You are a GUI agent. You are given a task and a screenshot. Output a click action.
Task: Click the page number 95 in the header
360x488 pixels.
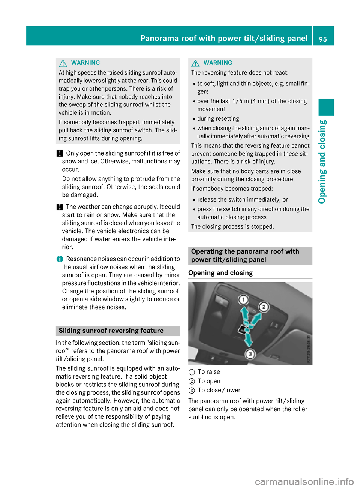coord(323,39)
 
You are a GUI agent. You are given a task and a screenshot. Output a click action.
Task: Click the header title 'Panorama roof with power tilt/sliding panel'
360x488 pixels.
coord(224,38)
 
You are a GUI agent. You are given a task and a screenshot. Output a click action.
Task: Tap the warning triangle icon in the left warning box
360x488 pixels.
coord(63,63)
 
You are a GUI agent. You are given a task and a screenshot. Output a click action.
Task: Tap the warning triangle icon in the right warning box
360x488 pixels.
coord(195,63)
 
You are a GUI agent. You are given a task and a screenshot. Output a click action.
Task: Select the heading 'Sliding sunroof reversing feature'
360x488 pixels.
coord(111,331)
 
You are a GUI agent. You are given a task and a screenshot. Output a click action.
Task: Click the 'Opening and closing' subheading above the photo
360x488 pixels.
coord(220,273)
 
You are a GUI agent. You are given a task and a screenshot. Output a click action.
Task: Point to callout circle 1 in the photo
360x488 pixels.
coord(244,300)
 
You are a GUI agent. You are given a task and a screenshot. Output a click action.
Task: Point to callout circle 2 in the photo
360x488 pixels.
coord(264,307)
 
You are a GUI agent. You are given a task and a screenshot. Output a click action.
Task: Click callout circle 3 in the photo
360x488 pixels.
coord(250,353)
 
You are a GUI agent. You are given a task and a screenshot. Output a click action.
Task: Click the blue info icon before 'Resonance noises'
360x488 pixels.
coord(59,259)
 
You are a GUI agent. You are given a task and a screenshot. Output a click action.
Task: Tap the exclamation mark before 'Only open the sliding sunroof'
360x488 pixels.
coord(60,153)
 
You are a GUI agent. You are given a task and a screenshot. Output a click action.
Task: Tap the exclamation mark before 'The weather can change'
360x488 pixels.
coord(60,207)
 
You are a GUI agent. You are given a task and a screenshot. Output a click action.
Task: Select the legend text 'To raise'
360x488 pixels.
coord(209,372)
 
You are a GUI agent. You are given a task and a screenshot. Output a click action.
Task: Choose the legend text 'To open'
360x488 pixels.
coord(209,381)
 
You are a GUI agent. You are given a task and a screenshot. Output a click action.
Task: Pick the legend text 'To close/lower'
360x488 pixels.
coord(219,390)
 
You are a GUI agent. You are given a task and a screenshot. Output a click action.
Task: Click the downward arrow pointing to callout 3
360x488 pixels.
coord(248,339)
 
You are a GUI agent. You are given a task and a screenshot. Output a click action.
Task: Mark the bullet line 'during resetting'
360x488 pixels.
coord(218,119)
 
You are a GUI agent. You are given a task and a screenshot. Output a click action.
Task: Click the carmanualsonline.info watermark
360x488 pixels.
coord(304,481)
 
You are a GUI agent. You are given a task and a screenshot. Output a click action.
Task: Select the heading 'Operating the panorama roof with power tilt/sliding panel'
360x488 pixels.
coord(245,256)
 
